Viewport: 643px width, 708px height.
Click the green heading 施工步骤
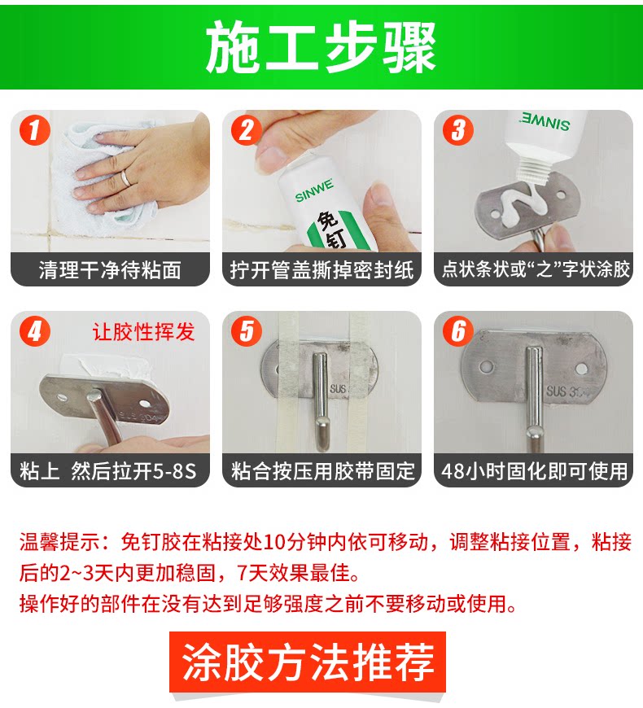pos(321,47)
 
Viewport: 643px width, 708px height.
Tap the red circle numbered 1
pos(35,130)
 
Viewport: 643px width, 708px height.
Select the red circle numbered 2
pos(247,130)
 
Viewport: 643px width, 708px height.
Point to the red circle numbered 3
pos(458,130)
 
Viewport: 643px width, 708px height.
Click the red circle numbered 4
pos(35,331)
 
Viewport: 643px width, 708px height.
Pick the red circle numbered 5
pos(247,331)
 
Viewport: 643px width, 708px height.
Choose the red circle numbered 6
pos(458,331)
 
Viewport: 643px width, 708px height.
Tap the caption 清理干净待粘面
pos(110,270)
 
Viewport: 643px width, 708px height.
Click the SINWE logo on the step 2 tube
pos(314,190)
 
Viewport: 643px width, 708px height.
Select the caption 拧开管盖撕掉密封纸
pos(321,270)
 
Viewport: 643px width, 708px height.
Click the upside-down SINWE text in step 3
pos(545,121)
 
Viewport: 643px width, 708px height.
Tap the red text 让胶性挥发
pos(143,332)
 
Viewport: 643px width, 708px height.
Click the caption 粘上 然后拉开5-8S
pos(108,471)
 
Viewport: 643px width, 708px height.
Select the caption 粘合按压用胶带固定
pos(322,471)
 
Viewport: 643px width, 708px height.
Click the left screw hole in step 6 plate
pos(486,367)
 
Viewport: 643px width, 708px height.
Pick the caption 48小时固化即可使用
pos(534,471)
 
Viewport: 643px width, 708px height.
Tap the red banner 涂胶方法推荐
pos(308,662)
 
